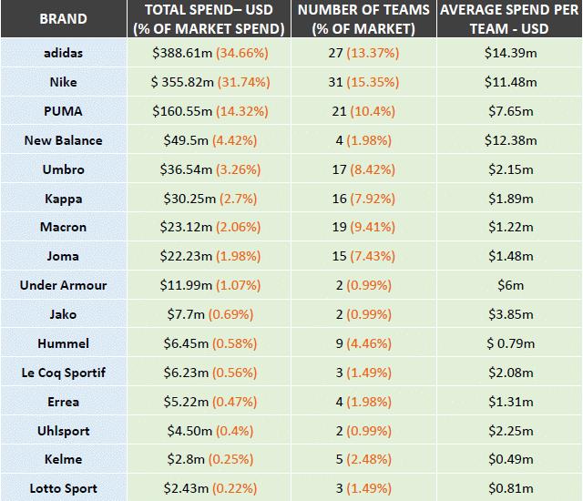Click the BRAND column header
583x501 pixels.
click(64, 19)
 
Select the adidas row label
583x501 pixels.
click(63, 53)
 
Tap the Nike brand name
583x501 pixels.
click(63, 82)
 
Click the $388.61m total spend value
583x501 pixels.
click(181, 53)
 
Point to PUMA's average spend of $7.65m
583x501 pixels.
click(510, 111)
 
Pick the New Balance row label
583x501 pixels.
click(63, 140)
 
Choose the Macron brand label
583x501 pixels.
click(63, 227)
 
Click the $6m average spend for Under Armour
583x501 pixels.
click(510, 285)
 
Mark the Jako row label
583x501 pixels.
click(63, 314)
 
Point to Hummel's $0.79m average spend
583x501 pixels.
click(510, 343)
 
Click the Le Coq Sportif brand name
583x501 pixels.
click(63, 373)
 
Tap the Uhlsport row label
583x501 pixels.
click(63, 431)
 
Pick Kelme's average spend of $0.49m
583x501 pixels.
click(510, 460)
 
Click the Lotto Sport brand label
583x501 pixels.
click(63, 489)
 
